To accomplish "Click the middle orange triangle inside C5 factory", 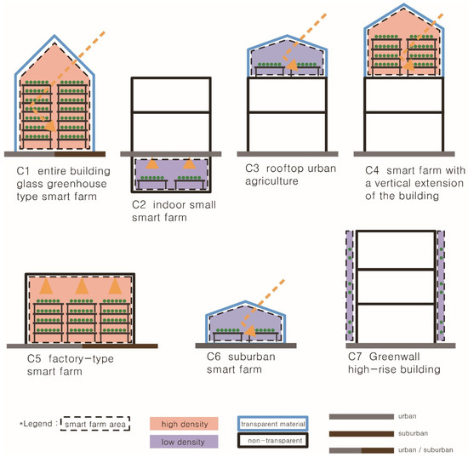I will [x=82, y=287].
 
